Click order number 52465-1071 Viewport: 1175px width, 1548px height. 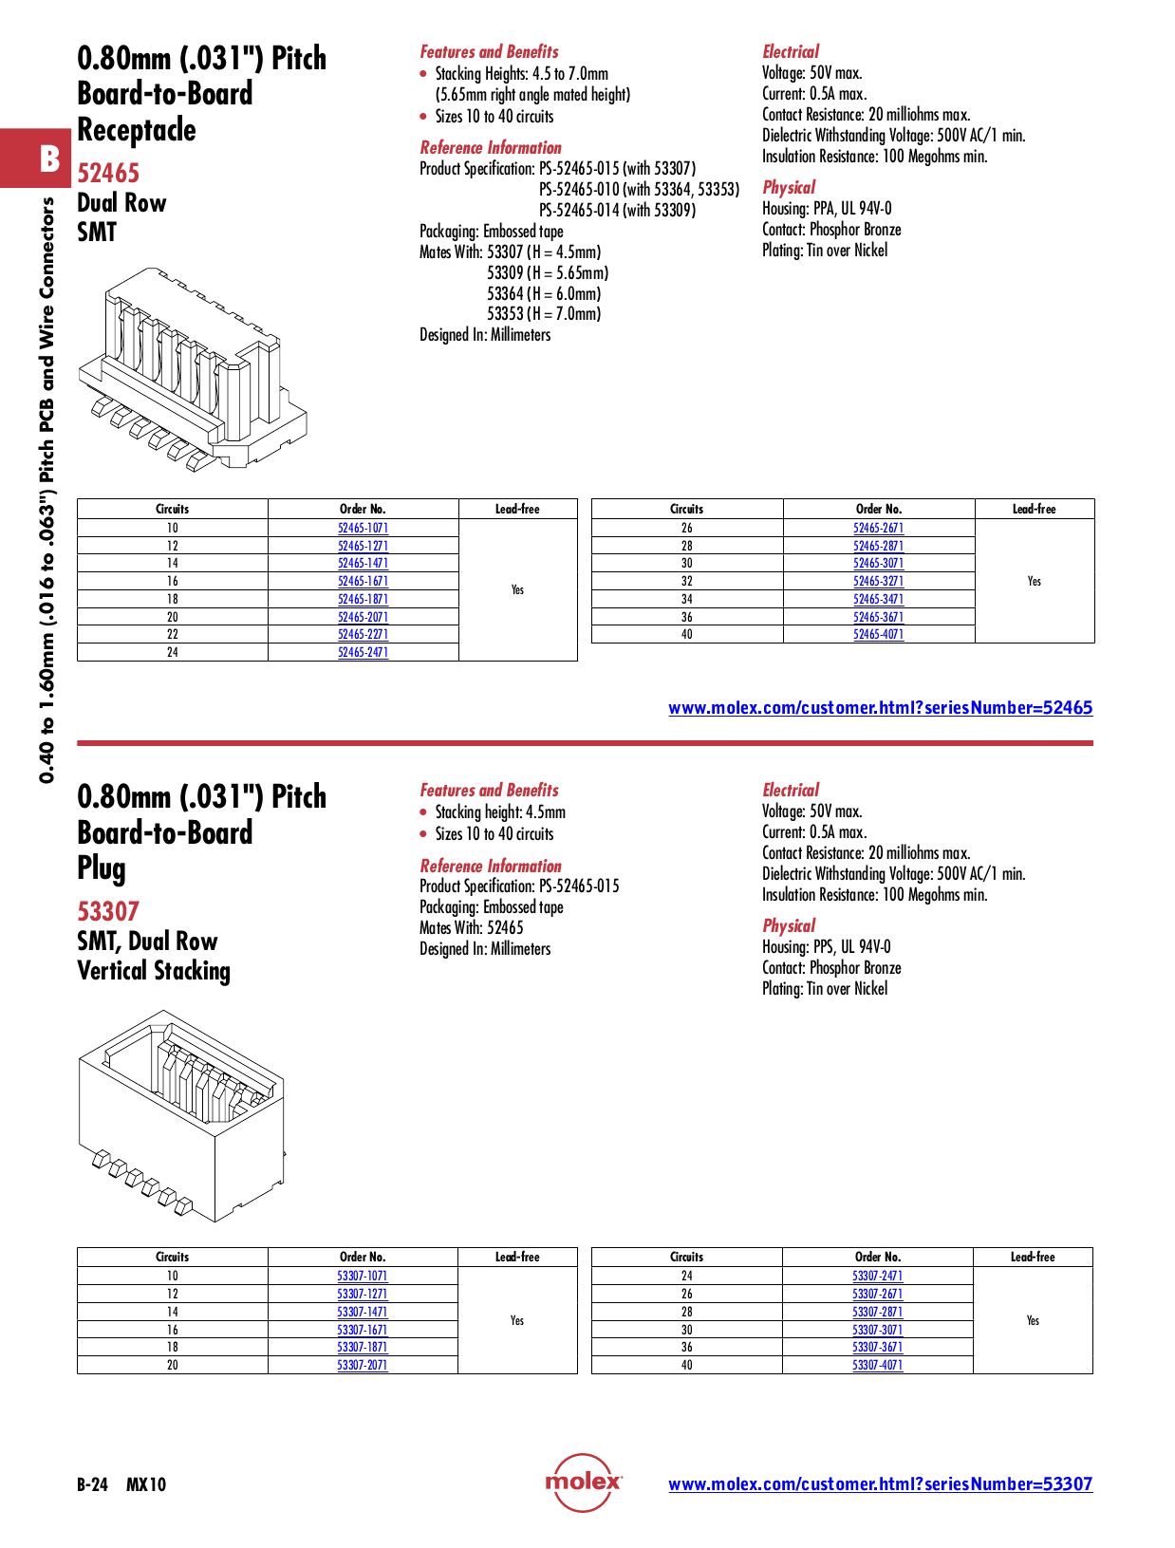pyautogui.click(x=363, y=528)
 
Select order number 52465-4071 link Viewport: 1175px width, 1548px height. pyautogui.click(x=878, y=634)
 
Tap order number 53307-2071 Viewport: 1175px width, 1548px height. pyautogui.click(x=362, y=1365)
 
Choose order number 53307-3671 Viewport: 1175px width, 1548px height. pyautogui.click(x=877, y=1347)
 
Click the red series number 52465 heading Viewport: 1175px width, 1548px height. pyautogui.click(x=108, y=173)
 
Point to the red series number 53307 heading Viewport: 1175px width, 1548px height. pyautogui.click(x=108, y=911)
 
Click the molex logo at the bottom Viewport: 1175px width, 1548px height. pyautogui.click(x=583, y=1483)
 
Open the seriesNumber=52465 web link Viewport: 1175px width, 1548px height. pyautogui.click(x=880, y=707)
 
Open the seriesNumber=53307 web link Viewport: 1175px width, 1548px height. pyautogui.click(x=880, y=1483)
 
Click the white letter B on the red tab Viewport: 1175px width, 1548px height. pyautogui.click(x=49, y=159)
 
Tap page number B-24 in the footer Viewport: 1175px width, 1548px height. pyautogui.click(x=93, y=1484)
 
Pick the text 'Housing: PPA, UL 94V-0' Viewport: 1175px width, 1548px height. pyautogui.click(x=827, y=209)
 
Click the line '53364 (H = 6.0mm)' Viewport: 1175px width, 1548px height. pyautogui.click(x=544, y=293)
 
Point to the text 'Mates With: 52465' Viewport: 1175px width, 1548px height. pyautogui.click(x=472, y=927)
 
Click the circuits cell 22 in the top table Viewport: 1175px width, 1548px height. pyautogui.click(x=172, y=634)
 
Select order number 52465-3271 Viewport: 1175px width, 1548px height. pyautogui.click(x=878, y=581)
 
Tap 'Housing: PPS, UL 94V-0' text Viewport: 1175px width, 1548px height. pyautogui.click(x=826, y=947)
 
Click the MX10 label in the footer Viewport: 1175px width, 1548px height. pyautogui.click(x=146, y=1484)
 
